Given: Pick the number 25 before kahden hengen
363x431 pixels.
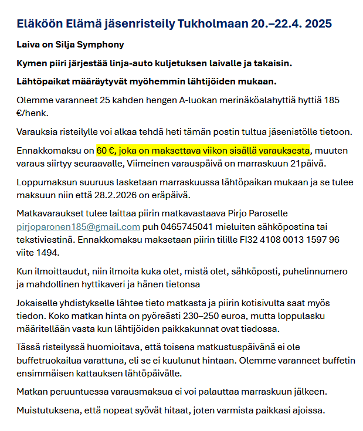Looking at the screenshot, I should click(111, 100).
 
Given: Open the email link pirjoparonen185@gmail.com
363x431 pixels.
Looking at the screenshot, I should click(79, 226).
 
